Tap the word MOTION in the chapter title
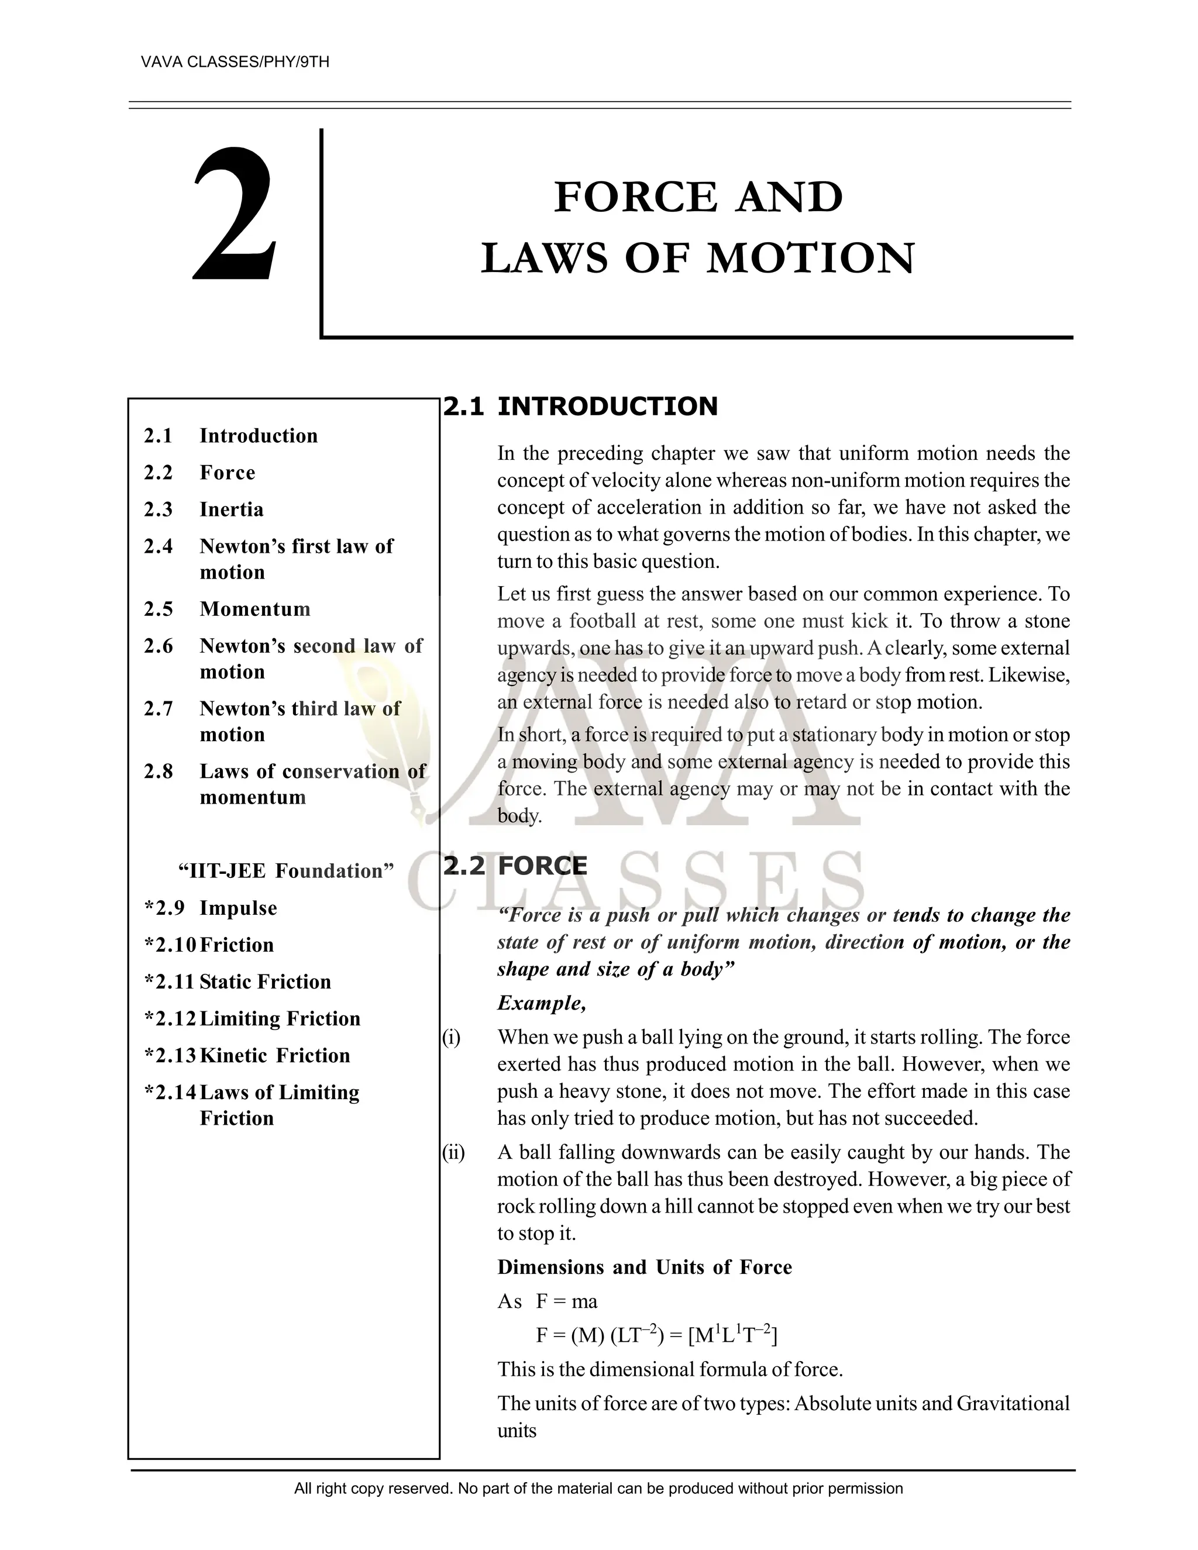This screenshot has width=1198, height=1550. click(x=811, y=259)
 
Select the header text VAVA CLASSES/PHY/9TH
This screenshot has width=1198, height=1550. click(x=235, y=62)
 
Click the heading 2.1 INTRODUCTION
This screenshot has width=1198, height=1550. click(x=580, y=407)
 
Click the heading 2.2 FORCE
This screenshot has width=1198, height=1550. click(x=515, y=866)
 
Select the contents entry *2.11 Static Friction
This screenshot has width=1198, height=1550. click(x=237, y=981)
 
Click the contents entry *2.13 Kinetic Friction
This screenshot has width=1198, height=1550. click(x=247, y=1055)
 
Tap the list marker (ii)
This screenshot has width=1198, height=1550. click(x=453, y=1153)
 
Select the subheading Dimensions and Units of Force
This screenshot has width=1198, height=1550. click(x=645, y=1267)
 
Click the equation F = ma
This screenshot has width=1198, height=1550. click(x=566, y=1301)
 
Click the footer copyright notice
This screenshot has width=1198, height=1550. click(x=598, y=1488)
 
